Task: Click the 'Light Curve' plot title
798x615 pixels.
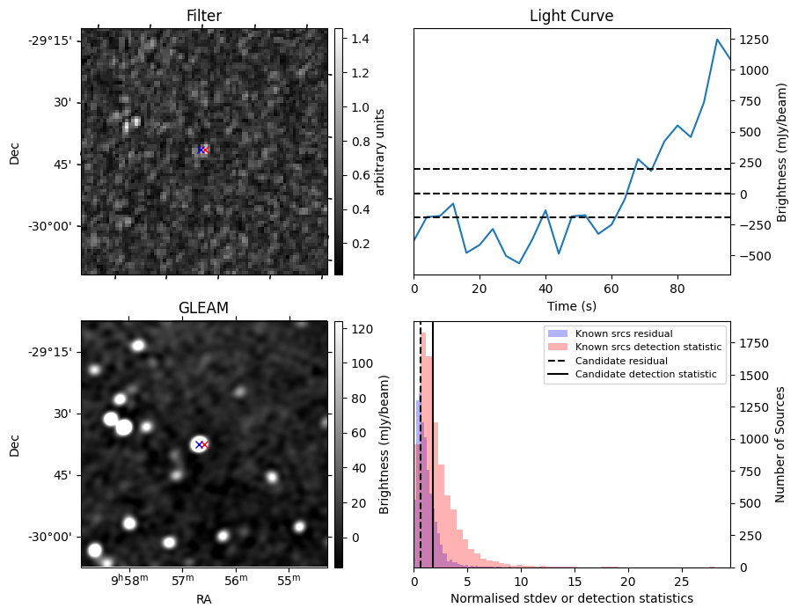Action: (x=571, y=17)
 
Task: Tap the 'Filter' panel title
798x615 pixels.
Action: (x=204, y=17)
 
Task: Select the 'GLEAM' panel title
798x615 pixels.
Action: (x=204, y=308)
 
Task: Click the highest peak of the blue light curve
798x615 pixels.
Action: (x=717, y=40)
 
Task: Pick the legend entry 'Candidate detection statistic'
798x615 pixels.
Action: (x=646, y=376)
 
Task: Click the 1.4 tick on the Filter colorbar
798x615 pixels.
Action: (x=355, y=39)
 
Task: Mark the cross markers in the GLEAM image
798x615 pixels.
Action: (x=201, y=444)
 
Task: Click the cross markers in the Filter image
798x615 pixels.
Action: (x=202, y=150)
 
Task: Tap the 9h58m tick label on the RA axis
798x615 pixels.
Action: (x=128, y=581)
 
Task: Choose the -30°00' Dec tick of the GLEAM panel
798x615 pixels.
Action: (x=53, y=537)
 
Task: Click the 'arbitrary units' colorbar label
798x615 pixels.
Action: (x=380, y=151)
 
